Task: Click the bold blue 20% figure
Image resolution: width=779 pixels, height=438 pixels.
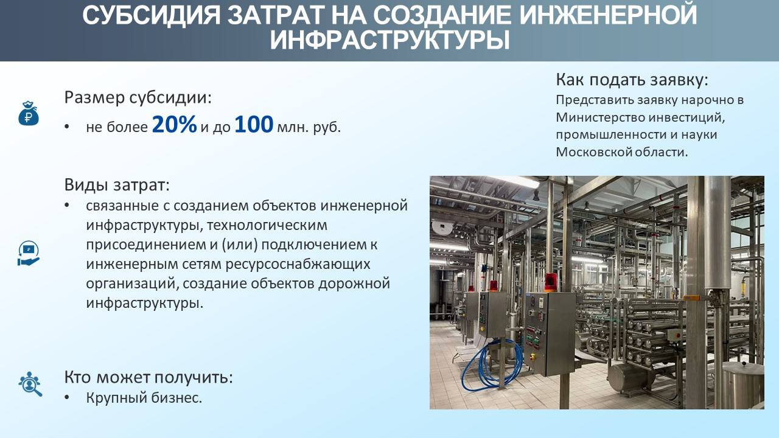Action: point(174,125)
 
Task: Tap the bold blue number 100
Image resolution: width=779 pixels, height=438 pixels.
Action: point(254,125)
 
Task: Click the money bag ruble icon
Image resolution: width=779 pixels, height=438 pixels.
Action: point(29,113)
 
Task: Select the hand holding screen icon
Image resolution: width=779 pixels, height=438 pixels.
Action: point(29,254)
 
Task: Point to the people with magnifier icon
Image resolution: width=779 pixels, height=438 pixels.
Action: point(30,384)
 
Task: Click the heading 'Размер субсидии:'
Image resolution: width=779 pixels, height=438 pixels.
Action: point(138,97)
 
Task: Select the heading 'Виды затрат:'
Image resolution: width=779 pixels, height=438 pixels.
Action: point(117,184)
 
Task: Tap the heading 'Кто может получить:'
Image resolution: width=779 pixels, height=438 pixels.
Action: point(148,377)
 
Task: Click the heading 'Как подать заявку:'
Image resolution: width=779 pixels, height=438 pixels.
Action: point(632,80)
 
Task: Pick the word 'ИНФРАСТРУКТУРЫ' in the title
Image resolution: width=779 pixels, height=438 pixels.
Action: point(390,41)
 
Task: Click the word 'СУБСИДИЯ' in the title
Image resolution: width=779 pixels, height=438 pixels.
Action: point(152,15)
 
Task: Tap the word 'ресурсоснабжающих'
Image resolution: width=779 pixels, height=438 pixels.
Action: point(298,264)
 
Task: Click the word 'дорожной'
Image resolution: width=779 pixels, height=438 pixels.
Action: point(354,283)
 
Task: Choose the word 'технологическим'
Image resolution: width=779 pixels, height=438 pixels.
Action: point(267,225)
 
